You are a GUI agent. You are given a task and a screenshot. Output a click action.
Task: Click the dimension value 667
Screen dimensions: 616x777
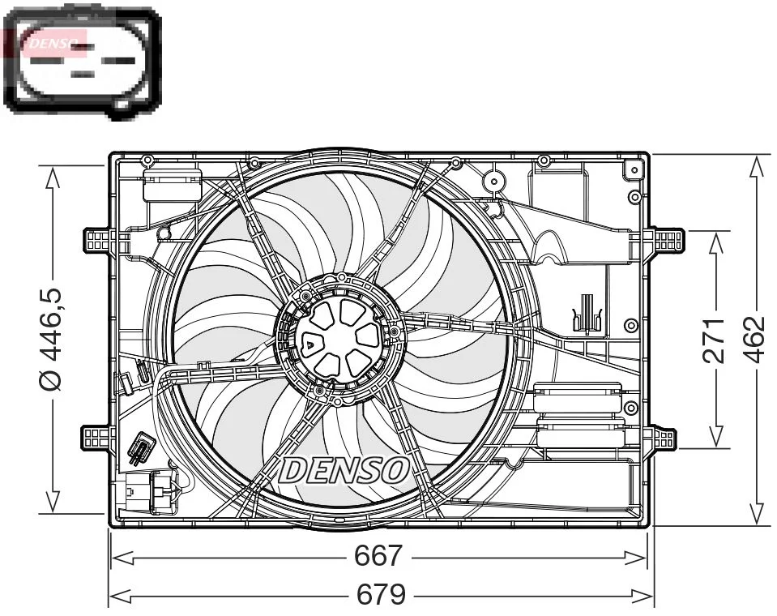point(378,557)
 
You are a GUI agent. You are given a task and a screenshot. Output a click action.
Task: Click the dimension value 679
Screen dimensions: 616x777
point(382,596)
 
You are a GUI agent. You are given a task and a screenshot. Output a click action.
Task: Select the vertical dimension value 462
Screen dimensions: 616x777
point(754,340)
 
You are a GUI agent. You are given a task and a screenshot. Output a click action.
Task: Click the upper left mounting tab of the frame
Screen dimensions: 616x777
point(98,240)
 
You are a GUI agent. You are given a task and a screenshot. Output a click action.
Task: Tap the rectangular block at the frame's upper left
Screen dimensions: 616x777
point(171,186)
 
